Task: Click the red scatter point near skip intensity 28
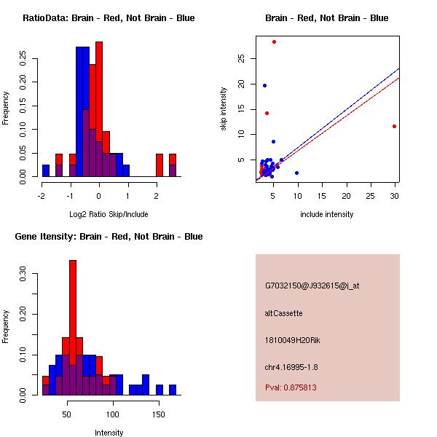pyautogui.click(x=274, y=42)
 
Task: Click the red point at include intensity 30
pyautogui.click(x=394, y=126)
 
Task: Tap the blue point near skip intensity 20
pyautogui.click(x=264, y=85)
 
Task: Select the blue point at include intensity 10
pyautogui.click(x=296, y=173)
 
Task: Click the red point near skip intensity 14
pyautogui.click(x=267, y=113)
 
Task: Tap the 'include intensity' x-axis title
pyautogui.click(x=326, y=214)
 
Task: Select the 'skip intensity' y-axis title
pyautogui.click(x=224, y=109)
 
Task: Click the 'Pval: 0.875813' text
pyautogui.click(x=291, y=387)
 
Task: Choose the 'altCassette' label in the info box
pyautogui.click(x=283, y=313)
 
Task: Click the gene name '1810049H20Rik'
pyautogui.click(x=290, y=340)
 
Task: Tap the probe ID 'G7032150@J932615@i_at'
pyautogui.click(x=312, y=286)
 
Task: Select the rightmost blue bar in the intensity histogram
pyautogui.click(x=173, y=390)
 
